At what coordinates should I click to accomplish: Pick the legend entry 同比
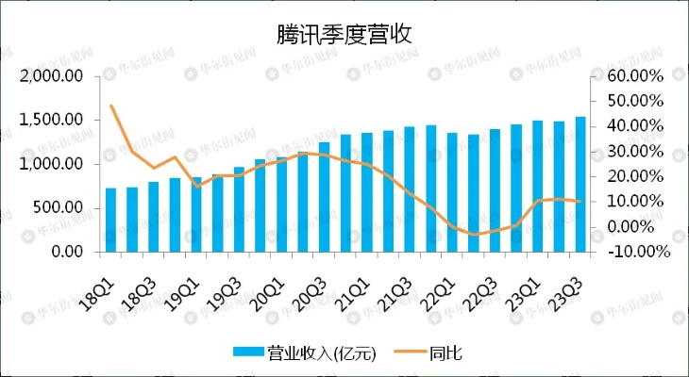point(445,352)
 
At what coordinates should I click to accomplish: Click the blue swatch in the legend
point(249,352)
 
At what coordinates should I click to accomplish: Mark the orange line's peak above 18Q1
point(111,106)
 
